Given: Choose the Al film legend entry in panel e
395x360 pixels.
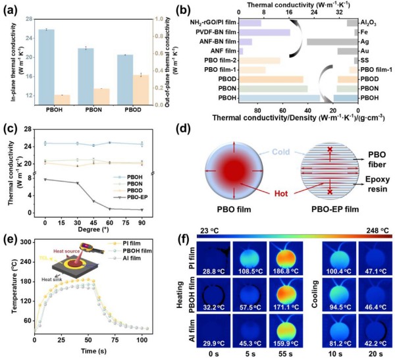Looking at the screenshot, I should (149, 269).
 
